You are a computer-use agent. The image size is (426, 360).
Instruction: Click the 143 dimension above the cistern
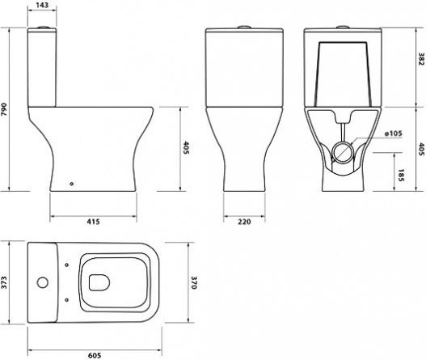tap(42, 5)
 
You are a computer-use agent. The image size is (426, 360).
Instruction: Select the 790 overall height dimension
tap(4, 109)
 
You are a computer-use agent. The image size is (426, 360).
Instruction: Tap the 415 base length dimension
tap(93, 222)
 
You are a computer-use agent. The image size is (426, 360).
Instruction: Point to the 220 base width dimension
tap(244, 222)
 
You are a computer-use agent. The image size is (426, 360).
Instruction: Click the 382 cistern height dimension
tap(421, 59)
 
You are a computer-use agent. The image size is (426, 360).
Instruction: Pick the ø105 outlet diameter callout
tap(393, 133)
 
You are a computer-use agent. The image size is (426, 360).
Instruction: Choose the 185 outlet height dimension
tap(401, 176)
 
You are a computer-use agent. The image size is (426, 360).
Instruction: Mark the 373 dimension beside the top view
tap(4, 282)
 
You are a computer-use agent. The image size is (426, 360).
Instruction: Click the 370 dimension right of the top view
tap(193, 283)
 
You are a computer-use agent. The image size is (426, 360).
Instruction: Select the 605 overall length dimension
tap(95, 355)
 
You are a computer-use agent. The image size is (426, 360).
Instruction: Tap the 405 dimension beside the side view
tap(186, 148)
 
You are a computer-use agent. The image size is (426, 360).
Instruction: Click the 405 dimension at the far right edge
tap(421, 150)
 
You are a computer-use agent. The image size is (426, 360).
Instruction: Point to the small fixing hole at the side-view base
tap(72, 184)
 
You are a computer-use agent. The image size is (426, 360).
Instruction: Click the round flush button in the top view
tap(42, 282)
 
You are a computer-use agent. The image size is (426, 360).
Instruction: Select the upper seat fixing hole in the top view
tap(67, 265)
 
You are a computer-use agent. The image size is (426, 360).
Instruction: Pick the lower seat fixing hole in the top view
tap(67, 299)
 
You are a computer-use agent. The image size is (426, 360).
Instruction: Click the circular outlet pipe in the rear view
tap(342, 142)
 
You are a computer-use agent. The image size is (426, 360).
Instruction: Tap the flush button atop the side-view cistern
tap(43, 28)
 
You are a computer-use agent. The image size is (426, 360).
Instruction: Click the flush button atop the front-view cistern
tap(244, 27)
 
